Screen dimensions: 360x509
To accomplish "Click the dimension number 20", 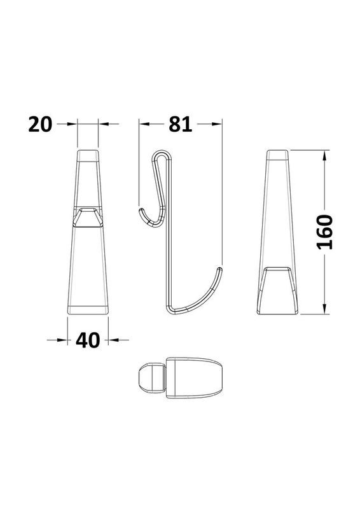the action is [x=40, y=124].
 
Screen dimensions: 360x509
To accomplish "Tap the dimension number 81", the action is [x=181, y=124].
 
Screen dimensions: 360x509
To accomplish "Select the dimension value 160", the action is [x=324, y=232].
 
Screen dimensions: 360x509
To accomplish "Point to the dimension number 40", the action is [x=88, y=340].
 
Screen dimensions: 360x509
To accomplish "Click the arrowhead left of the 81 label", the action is [x=144, y=123].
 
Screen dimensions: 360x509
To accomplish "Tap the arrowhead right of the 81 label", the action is [x=217, y=123].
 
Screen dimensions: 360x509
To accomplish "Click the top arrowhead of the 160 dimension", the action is [x=324, y=155].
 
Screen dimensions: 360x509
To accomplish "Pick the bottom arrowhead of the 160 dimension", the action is [x=324, y=309].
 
